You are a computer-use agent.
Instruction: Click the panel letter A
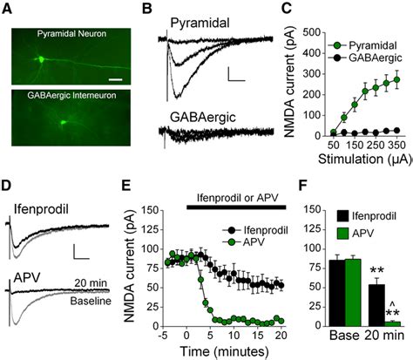point(9,10)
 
